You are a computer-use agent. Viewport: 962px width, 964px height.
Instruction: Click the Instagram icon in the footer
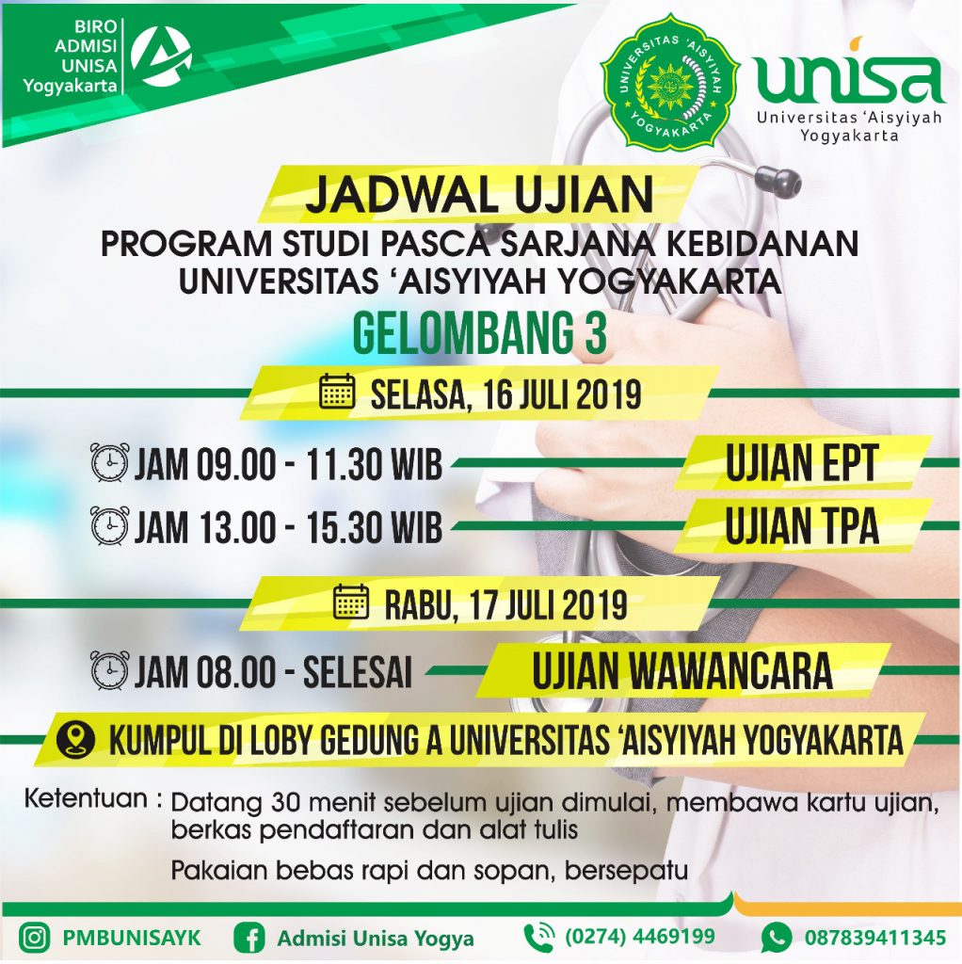pyautogui.click(x=34, y=939)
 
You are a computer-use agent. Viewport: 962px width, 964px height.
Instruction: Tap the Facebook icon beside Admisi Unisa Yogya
pyautogui.click(x=249, y=939)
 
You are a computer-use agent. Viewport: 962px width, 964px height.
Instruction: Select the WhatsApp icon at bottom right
pyautogui.click(x=777, y=939)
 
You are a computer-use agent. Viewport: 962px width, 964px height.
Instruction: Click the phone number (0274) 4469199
pyautogui.click(x=640, y=937)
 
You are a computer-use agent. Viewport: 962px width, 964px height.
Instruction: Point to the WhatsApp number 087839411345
pyautogui.click(x=875, y=939)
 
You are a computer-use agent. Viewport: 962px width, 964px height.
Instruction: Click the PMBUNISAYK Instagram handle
pyautogui.click(x=132, y=939)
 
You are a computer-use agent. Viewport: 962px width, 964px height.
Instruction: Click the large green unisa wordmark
pyautogui.click(x=849, y=77)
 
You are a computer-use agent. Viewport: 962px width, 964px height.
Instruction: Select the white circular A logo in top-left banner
pyautogui.click(x=162, y=56)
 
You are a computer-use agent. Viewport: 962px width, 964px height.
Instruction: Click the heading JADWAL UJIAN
pyautogui.click(x=479, y=194)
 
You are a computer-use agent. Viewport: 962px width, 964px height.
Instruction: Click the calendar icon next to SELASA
pyautogui.click(x=338, y=392)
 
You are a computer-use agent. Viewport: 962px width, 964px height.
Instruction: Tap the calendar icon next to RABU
pyautogui.click(x=351, y=602)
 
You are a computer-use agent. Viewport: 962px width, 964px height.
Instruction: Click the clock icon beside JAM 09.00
pyautogui.click(x=110, y=462)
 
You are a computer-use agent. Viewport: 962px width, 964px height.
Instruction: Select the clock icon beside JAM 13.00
pyautogui.click(x=110, y=526)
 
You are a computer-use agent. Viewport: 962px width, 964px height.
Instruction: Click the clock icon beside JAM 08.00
pyautogui.click(x=110, y=670)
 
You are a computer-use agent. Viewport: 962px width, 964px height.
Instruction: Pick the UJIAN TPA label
pyautogui.click(x=802, y=526)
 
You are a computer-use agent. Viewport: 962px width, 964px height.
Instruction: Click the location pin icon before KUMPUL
pyautogui.click(x=75, y=740)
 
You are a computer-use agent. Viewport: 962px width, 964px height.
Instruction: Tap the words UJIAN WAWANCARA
pyautogui.click(x=682, y=670)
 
